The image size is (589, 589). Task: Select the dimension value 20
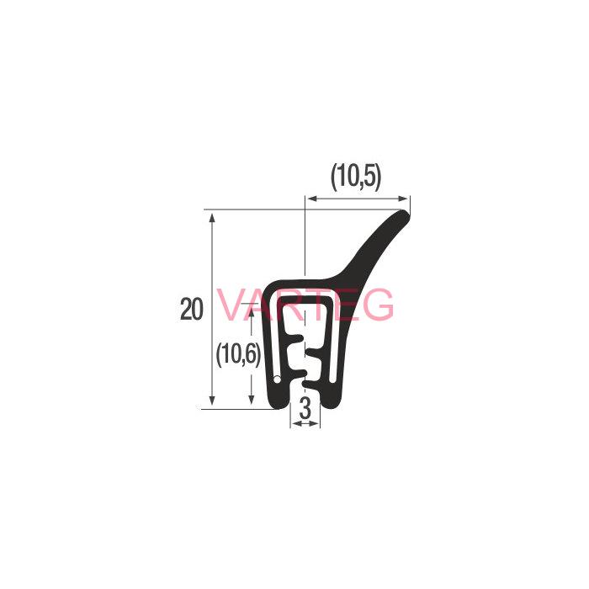(192, 309)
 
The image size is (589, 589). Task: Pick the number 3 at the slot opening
(305, 409)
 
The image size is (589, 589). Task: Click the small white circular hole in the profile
(277, 379)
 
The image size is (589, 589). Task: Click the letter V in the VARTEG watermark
(232, 305)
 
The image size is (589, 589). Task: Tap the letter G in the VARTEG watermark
(379, 305)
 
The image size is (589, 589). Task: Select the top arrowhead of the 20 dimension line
(212, 218)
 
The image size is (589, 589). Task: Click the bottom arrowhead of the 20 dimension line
(212, 400)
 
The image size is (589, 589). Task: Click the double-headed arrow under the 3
(305, 423)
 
